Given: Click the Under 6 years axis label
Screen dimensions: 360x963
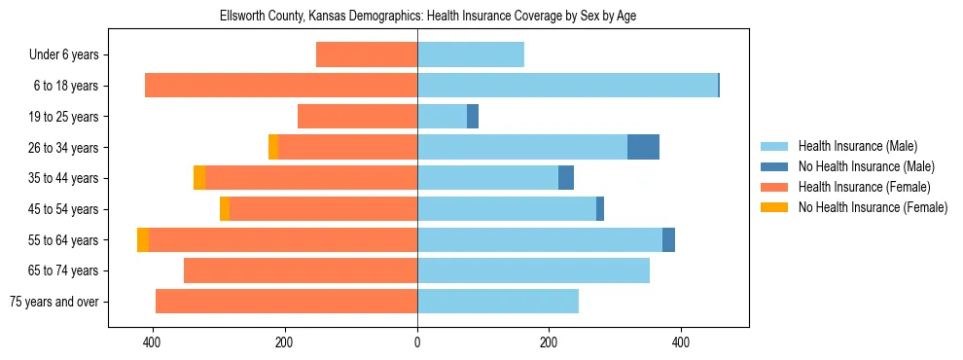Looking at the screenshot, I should (x=63, y=55).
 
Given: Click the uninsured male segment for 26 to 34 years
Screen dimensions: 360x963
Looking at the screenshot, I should (x=643, y=147).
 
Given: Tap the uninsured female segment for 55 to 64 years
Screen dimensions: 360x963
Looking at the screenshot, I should (x=143, y=239).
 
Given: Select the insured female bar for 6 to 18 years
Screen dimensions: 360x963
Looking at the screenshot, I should (x=281, y=86).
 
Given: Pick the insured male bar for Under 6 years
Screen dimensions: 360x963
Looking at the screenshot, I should (x=471, y=55).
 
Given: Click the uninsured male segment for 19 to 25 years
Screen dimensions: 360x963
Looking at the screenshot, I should (x=473, y=117).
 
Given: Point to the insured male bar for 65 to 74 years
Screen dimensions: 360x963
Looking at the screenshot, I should (x=533, y=270).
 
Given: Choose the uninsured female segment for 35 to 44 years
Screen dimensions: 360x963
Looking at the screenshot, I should (x=199, y=178).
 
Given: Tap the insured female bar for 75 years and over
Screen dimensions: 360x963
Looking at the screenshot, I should (x=286, y=302).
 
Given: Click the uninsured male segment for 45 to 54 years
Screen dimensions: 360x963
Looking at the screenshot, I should (x=600, y=209).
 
